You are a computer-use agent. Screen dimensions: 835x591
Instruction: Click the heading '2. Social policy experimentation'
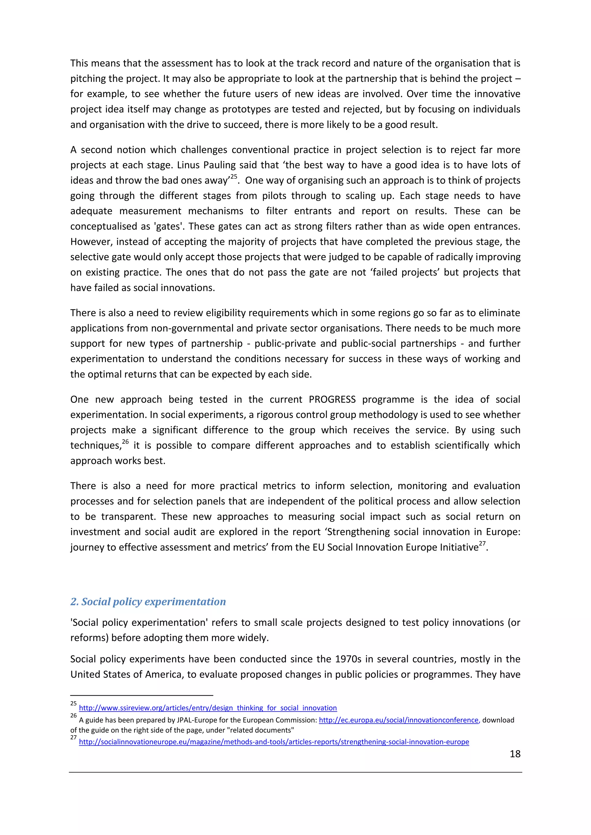[x=148, y=601]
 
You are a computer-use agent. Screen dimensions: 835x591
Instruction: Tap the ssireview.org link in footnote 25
[x=208, y=708]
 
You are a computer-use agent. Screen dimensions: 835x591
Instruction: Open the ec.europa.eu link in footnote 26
[x=399, y=720]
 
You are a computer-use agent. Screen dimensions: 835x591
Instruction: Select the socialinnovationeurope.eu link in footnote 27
[x=274, y=742]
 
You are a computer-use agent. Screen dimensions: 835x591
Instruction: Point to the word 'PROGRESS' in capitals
[x=332, y=399]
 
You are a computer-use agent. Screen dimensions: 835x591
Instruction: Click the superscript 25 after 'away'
[x=234, y=177]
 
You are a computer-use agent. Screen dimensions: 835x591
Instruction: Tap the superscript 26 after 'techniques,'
[x=125, y=442]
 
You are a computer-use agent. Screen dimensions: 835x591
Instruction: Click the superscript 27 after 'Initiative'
[x=482, y=544]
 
